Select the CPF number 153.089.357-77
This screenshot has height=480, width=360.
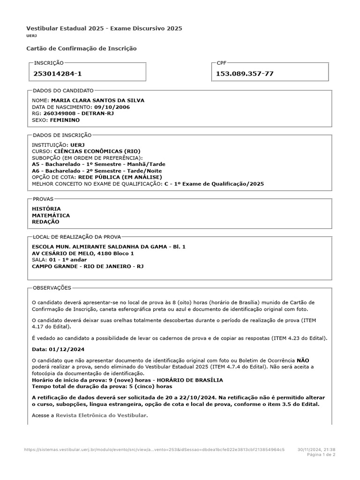(x=245, y=74)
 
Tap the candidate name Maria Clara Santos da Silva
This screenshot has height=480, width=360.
(x=97, y=100)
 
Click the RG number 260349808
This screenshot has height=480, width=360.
(x=59, y=113)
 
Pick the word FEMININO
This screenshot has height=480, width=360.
(x=65, y=120)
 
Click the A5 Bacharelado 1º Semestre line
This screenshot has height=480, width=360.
(x=98, y=165)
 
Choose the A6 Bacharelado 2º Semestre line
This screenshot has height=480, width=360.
(x=97, y=171)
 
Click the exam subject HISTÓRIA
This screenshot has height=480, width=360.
(x=46, y=209)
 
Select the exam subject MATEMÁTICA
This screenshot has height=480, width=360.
(x=51, y=215)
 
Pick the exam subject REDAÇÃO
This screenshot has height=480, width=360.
(x=45, y=222)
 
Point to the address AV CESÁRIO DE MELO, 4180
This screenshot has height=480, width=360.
(x=82, y=254)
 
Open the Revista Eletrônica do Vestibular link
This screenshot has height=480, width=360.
(x=101, y=415)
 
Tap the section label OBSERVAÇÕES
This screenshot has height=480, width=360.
(x=52, y=288)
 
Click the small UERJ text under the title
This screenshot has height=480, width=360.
(x=31, y=36)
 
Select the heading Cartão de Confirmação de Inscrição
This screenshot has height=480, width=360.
(x=82, y=48)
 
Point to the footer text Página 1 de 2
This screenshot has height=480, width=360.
(x=321, y=455)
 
